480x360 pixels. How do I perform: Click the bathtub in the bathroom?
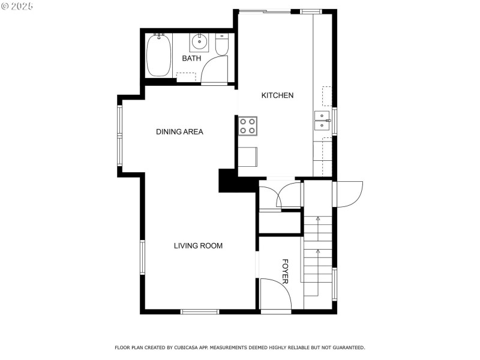click(x=159, y=55)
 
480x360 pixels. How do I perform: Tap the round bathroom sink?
click(x=199, y=43)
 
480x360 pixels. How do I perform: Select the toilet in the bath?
click(x=222, y=46)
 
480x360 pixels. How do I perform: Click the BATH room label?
click(x=191, y=58)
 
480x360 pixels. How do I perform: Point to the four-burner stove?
click(x=247, y=125)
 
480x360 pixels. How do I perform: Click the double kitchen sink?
click(x=322, y=120)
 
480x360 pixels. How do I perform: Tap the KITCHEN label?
click(x=277, y=95)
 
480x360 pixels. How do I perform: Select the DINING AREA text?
click(x=179, y=131)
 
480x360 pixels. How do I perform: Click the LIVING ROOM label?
click(x=198, y=245)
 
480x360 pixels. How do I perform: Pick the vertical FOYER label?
click(x=286, y=271)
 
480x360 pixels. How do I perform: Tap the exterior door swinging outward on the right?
click(x=348, y=194)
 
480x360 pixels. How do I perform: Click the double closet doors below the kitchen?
click(x=280, y=196)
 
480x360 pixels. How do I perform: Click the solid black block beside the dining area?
click(x=230, y=181)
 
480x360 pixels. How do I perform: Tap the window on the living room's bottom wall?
click(x=200, y=311)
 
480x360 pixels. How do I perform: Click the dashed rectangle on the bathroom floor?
click(x=186, y=77)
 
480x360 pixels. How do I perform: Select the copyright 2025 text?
click(x=17, y=5)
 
